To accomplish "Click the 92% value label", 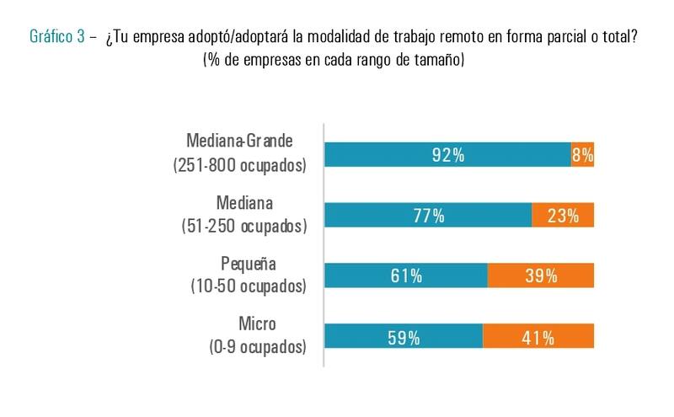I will coord(448,154).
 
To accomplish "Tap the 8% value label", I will coord(583,154).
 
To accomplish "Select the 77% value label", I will coord(428,216).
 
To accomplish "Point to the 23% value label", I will coord(563,216).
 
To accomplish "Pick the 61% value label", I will coord(406,276).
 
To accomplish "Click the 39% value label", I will coord(541,276).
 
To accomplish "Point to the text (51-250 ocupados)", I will coord(243,226).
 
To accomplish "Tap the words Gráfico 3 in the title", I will coord(57,37).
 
